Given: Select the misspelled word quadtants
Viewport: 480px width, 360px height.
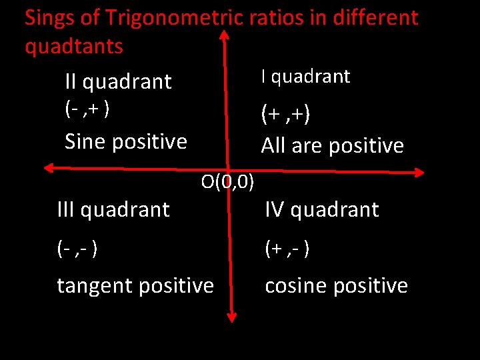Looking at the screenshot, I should [x=74, y=47].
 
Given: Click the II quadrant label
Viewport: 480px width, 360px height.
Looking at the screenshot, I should [x=118, y=82].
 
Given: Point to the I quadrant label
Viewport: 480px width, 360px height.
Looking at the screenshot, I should [x=305, y=77].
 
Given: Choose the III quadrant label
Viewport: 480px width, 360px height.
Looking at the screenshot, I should [x=113, y=210].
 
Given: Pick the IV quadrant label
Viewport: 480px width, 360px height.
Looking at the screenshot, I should [x=322, y=210].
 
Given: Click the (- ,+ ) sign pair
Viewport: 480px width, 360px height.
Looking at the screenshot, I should [x=87, y=108].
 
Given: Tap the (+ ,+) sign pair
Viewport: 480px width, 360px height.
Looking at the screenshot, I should [x=285, y=115].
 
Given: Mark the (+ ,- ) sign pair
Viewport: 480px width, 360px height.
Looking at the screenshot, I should [x=287, y=249].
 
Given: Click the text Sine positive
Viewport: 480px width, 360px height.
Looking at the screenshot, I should [x=125, y=141].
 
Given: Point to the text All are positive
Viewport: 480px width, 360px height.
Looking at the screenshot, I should [x=332, y=146].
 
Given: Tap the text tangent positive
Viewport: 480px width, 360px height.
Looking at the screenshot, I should [x=135, y=286].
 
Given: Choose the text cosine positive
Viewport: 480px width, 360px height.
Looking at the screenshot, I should [x=336, y=286].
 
